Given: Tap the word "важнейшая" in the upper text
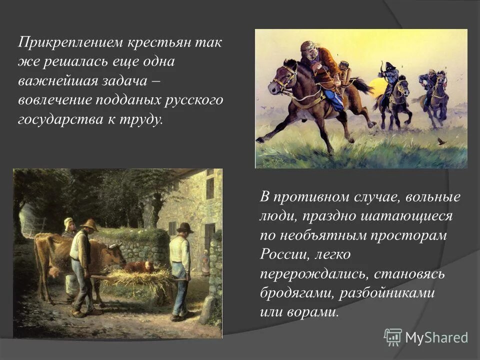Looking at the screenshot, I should [54, 80].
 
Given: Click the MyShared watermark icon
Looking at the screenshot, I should [392, 337].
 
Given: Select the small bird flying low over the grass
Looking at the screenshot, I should [441, 142].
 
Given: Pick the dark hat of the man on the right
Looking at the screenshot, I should [184, 227].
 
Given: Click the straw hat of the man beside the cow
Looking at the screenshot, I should [90, 224].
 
